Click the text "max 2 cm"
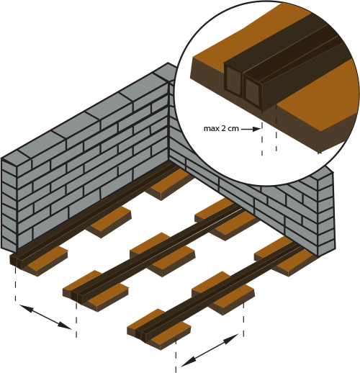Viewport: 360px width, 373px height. coord(221,128)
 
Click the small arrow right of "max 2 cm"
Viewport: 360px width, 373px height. coord(251,129)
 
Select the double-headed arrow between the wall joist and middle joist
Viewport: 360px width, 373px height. coord(45,317)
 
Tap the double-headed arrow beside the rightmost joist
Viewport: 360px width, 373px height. coord(210,350)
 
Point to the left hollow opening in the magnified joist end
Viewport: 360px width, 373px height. coord(233,81)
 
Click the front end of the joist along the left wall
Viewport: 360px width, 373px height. coord(17,261)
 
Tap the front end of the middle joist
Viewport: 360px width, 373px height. coord(78,296)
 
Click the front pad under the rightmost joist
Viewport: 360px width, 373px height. coord(159,329)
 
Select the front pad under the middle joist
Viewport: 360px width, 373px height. coord(96,291)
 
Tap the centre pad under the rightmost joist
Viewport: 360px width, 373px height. coord(223,293)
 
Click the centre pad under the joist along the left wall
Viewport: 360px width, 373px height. coord(109,221)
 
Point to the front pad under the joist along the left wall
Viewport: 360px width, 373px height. coord(45,261)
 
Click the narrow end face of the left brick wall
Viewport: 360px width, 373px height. coord(9,205)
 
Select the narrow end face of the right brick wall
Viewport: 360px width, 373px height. coord(326,215)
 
